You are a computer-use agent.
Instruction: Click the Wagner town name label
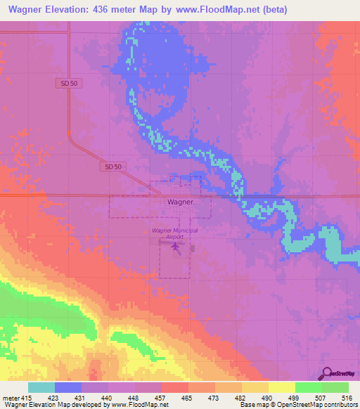(180, 201)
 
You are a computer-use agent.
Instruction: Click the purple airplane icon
(175, 247)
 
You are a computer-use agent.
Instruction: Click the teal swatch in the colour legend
(41, 387)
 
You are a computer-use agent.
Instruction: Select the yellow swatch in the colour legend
(281, 387)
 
